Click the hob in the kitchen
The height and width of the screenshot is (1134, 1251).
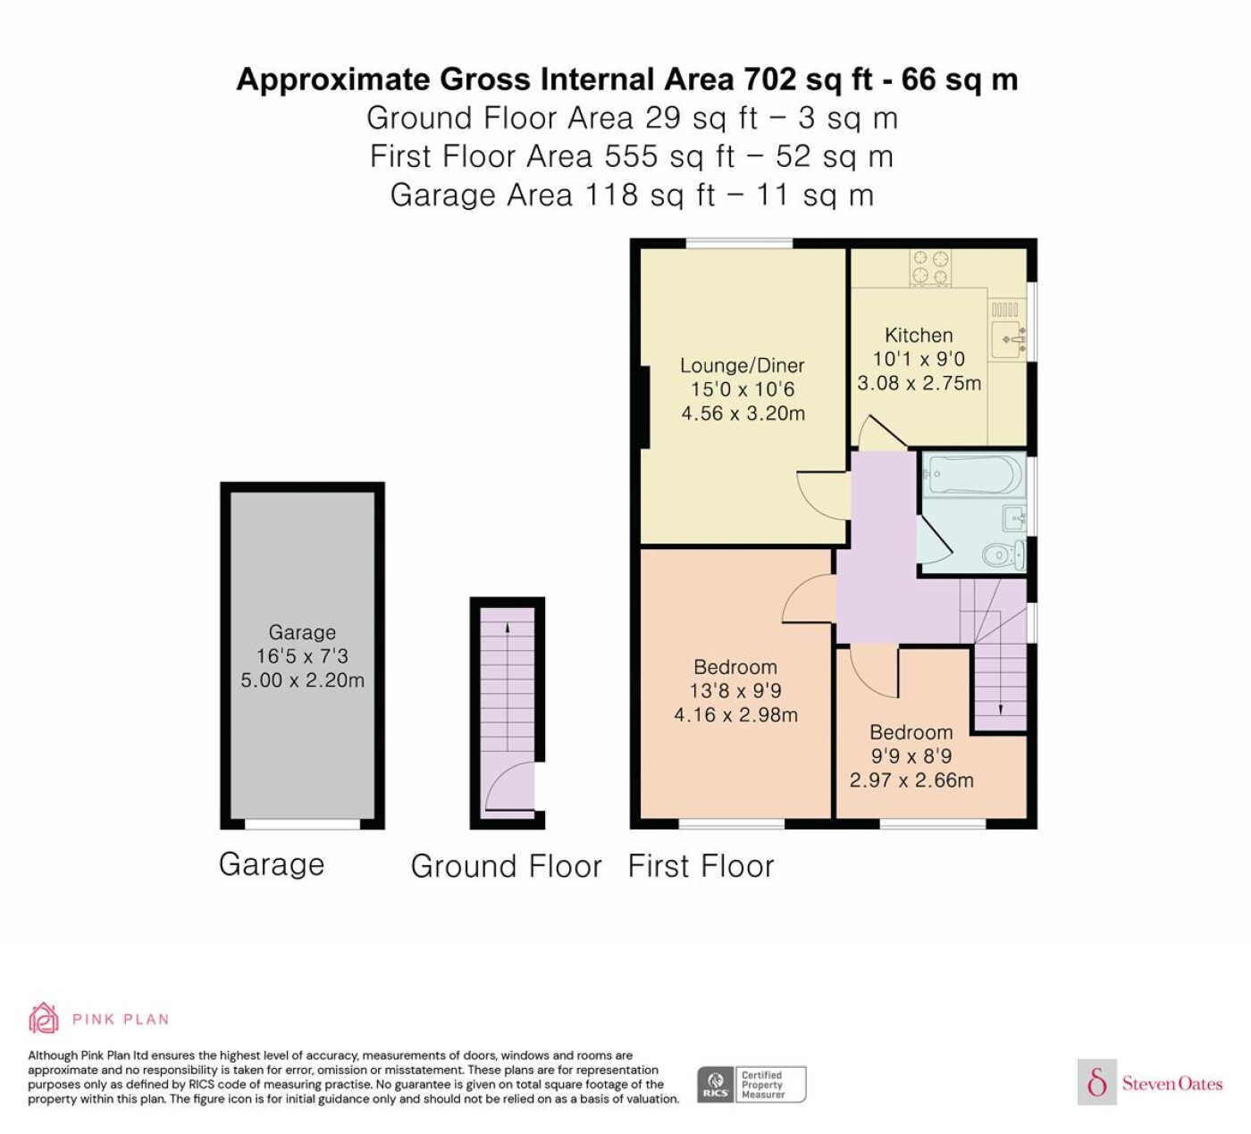pyautogui.click(x=930, y=267)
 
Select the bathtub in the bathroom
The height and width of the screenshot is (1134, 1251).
pyautogui.click(x=974, y=475)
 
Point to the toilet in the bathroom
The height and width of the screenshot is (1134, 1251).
pyautogui.click(x=1004, y=554)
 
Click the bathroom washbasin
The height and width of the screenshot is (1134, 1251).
pyautogui.click(x=1014, y=518)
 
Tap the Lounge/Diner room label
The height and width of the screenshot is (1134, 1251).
pyautogui.click(x=743, y=365)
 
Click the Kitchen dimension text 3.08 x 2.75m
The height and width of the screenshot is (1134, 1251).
pyautogui.click(x=919, y=383)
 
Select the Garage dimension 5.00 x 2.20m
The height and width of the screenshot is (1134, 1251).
pyautogui.click(x=302, y=680)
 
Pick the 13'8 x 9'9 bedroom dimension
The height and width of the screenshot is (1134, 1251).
pyautogui.click(x=735, y=691)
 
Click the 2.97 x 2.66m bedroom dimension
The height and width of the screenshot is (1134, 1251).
pyautogui.click(x=911, y=780)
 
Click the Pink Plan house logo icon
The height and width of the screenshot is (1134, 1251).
pyautogui.click(x=44, y=1020)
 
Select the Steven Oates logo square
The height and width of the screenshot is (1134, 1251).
pyautogui.click(x=1097, y=1081)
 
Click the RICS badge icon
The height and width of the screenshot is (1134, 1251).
pyautogui.click(x=715, y=1084)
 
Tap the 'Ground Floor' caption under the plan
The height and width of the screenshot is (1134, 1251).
pyautogui.click(x=506, y=866)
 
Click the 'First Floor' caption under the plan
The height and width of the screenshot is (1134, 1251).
pyautogui.click(x=701, y=866)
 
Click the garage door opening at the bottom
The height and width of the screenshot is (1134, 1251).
pyautogui.click(x=302, y=824)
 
